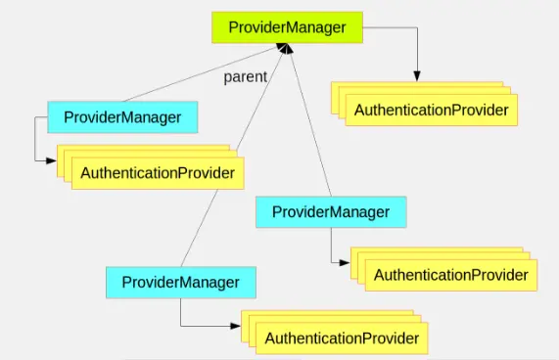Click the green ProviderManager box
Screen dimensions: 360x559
pos(287,27)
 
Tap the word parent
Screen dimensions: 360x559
pos(245,77)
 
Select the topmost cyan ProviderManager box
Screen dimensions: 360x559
pos(122,117)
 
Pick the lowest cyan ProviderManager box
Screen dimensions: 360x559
pos(181,283)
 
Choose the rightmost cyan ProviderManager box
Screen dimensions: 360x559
pos(331,212)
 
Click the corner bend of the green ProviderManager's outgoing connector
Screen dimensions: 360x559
pos(417,28)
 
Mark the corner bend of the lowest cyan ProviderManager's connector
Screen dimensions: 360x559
pos(181,326)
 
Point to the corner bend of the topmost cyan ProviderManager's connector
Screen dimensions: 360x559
pos(34,158)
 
